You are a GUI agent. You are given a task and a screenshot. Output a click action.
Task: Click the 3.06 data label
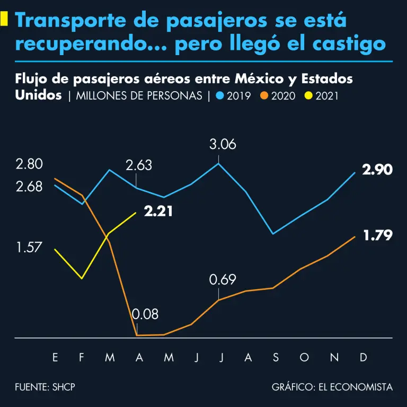click(223, 144)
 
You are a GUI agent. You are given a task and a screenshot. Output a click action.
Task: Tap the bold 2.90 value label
click(377, 170)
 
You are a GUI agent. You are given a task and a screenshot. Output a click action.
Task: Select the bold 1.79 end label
click(378, 235)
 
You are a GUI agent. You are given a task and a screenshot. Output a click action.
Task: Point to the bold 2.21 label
click(158, 211)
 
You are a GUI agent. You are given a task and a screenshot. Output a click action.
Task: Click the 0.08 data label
click(145, 314)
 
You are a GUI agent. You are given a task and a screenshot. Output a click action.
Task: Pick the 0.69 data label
click(223, 280)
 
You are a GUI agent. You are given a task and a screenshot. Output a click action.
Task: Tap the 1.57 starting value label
click(29, 248)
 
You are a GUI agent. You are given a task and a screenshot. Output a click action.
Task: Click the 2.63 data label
click(139, 165)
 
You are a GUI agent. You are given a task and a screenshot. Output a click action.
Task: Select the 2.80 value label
click(29, 164)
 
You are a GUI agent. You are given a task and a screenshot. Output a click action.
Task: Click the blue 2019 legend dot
click(220, 96)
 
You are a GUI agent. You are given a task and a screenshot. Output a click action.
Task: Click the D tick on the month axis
click(364, 358)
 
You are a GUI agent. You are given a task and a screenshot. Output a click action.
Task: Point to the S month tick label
click(276, 358)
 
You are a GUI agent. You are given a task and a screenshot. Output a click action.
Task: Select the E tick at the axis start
click(55, 358)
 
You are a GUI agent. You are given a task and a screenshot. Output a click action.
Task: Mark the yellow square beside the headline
click(4, 19)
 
